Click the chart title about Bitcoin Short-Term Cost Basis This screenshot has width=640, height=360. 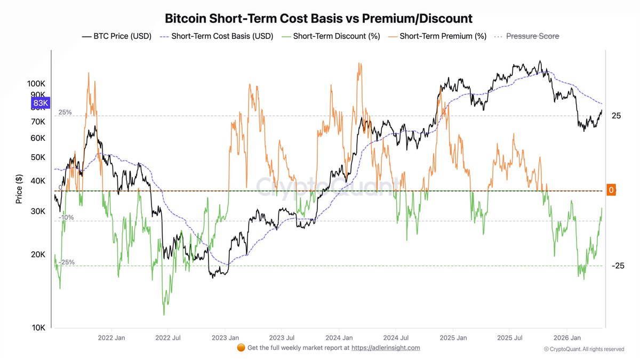318,19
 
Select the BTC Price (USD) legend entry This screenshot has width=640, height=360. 117,36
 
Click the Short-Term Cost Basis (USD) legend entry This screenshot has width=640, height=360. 217,36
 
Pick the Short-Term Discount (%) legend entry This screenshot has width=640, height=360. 331,36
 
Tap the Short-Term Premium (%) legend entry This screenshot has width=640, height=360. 437,36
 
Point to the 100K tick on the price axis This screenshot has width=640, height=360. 36,84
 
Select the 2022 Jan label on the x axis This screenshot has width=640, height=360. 111,338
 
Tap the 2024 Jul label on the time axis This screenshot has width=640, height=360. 396,338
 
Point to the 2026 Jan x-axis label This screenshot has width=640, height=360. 567,338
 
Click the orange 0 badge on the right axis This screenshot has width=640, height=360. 611,190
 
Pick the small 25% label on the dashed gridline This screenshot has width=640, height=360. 65,113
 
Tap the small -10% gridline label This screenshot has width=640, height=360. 66,218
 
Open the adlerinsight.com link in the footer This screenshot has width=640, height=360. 386,348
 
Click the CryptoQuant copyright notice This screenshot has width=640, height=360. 584,349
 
